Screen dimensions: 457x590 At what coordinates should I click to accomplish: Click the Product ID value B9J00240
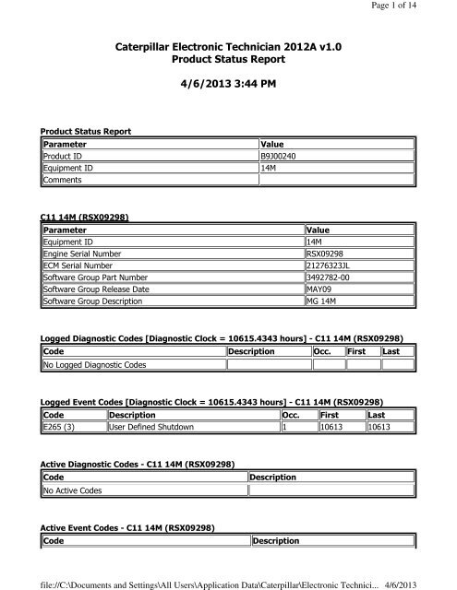[x=283, y=158]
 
